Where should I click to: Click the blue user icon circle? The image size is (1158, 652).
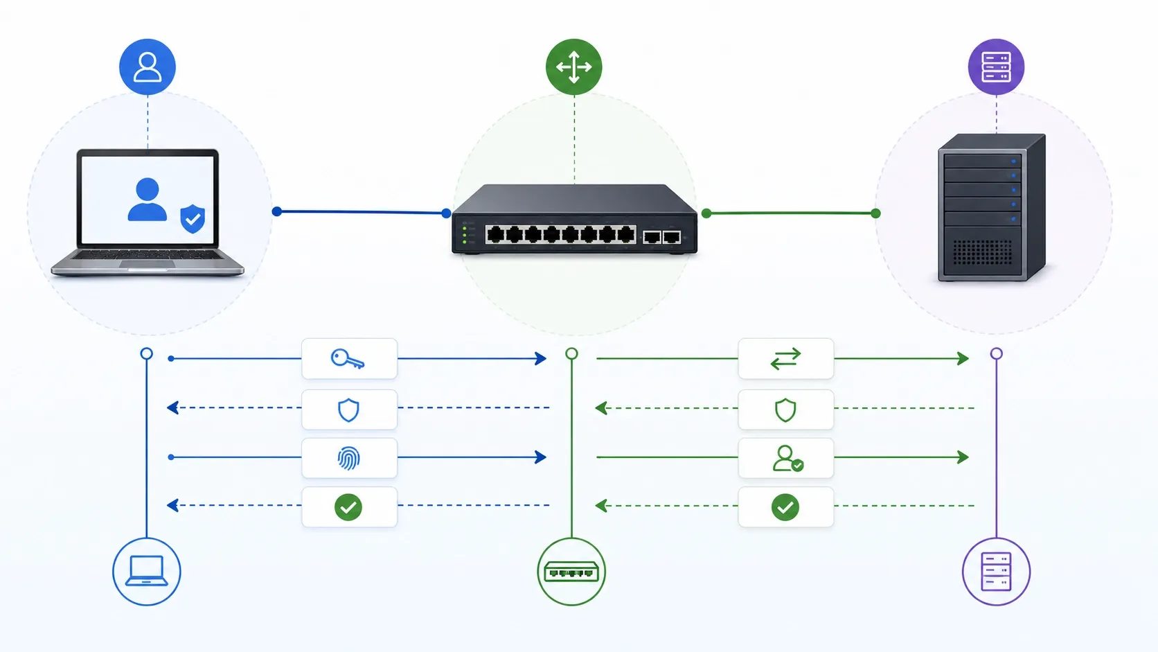[148, 67]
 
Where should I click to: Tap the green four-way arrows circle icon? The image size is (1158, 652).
[573, 67]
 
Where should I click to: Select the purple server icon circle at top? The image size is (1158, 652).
[996, 67]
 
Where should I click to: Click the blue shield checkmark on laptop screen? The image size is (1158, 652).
[193, 219]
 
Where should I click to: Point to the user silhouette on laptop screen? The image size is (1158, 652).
[148, 200]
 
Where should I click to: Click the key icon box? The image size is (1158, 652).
[349, 359]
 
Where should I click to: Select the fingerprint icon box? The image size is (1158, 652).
[349, 458]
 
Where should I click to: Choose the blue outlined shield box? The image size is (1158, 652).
[349, 409]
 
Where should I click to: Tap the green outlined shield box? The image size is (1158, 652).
[785, 409]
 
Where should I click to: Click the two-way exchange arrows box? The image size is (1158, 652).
[785, 359]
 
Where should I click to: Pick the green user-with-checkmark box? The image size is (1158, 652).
[785, 458]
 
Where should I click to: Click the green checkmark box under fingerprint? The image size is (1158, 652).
[349, 507]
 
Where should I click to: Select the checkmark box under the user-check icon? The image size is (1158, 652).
[785, 507]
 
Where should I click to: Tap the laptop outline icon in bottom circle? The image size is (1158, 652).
[147, 572]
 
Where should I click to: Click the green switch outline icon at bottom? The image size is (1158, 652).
[571, 572]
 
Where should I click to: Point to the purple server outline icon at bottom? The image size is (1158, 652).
[996, 572]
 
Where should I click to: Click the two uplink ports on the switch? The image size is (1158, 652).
[661, 238]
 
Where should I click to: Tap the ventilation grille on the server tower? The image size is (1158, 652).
[981, 252]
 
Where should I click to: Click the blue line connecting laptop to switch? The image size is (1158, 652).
[360, 212]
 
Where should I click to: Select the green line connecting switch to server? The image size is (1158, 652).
[791, 213]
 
